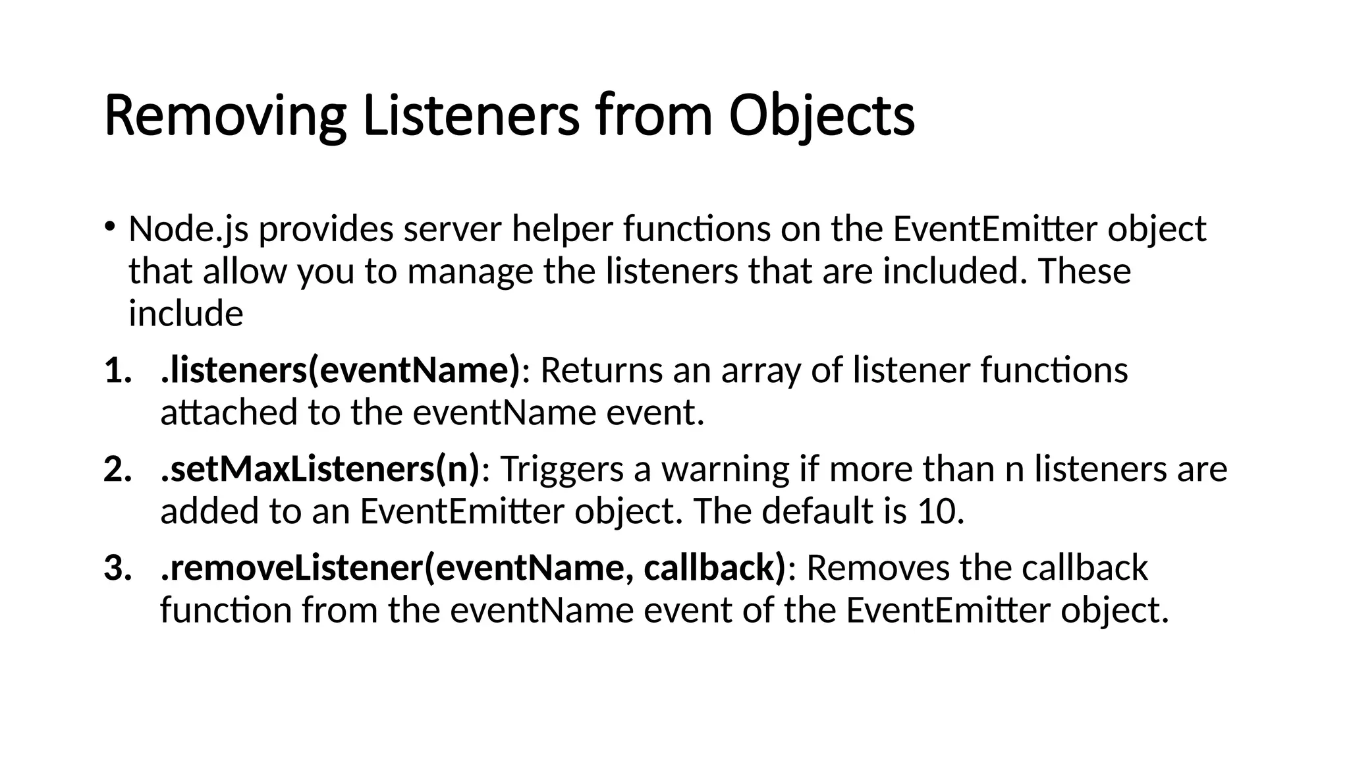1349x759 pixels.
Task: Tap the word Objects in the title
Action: (x=821, y=116)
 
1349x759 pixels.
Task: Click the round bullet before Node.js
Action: (x=109, y=226)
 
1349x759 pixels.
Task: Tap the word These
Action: (x=1084, y=271)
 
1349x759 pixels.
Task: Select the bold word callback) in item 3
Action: (x=714, y=569)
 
